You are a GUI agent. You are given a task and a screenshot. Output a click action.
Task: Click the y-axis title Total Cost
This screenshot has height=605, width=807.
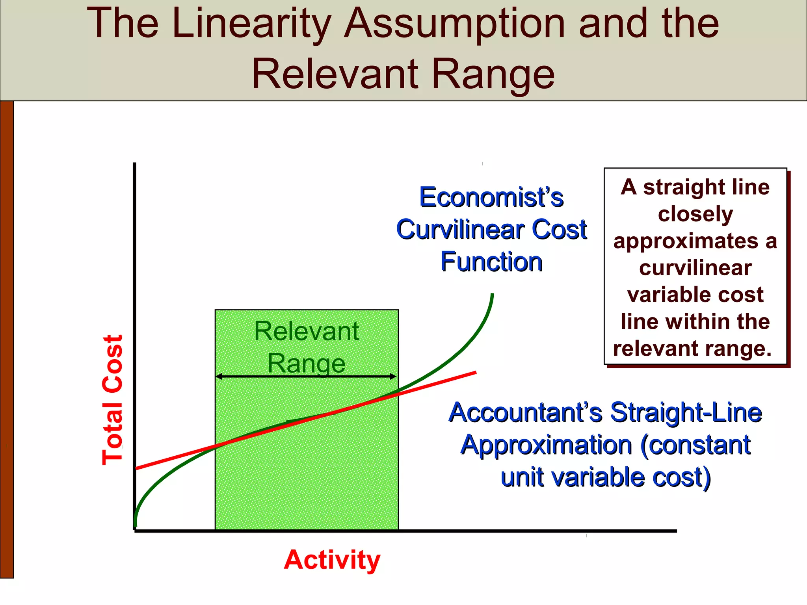click(113, 400)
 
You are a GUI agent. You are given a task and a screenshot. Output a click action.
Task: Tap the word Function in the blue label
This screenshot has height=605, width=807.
click(491, 262)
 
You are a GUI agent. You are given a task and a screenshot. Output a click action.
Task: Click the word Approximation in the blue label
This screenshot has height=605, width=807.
click(546, 445)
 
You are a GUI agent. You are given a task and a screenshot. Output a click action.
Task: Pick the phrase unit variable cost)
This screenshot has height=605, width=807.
click(605, 477)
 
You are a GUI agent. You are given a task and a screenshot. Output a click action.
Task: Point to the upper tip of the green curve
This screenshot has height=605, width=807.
click(492, 295)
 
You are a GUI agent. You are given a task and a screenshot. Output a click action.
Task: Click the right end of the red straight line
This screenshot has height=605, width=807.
click(475, 372)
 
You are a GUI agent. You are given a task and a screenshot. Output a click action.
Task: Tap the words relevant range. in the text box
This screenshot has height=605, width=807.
click(692, 349)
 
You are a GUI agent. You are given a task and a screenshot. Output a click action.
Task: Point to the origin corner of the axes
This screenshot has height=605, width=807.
click(135, 531)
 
